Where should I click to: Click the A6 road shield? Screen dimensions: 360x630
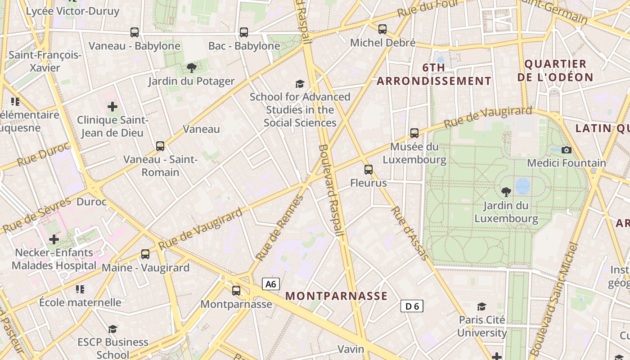click(270, 284)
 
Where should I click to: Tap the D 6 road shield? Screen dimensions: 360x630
click(412, 306)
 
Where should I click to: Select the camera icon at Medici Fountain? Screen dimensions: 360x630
click(567, 150)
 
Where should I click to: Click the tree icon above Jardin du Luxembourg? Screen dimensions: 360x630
click(506, 192)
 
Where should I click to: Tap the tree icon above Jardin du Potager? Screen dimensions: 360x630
click(192, 68)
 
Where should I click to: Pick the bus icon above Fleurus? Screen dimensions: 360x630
click(369, 170)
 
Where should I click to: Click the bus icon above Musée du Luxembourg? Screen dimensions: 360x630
click(414, 133)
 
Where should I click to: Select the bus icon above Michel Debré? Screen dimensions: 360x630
click(382, 29)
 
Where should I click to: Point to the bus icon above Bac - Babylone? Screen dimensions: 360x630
click(244, 32)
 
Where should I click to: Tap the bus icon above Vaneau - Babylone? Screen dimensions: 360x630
click(135, 32)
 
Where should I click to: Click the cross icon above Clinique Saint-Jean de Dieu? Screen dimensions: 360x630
click(112, 107)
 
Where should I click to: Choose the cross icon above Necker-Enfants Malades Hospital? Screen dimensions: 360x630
click(54, 239)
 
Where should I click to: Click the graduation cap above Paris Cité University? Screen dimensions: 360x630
click(482, 306)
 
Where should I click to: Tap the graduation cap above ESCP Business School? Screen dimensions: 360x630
click(112, 329)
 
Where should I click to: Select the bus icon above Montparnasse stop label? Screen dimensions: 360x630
click(236, 291)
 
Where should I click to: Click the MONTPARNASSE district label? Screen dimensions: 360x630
click(337, 296)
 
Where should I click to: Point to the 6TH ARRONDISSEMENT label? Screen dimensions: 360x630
click(434, 74)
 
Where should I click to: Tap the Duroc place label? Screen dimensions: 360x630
click(92, 201)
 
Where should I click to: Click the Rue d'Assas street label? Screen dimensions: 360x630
click(409, 233)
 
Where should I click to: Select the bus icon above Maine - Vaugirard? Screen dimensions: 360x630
click(145, 254)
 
